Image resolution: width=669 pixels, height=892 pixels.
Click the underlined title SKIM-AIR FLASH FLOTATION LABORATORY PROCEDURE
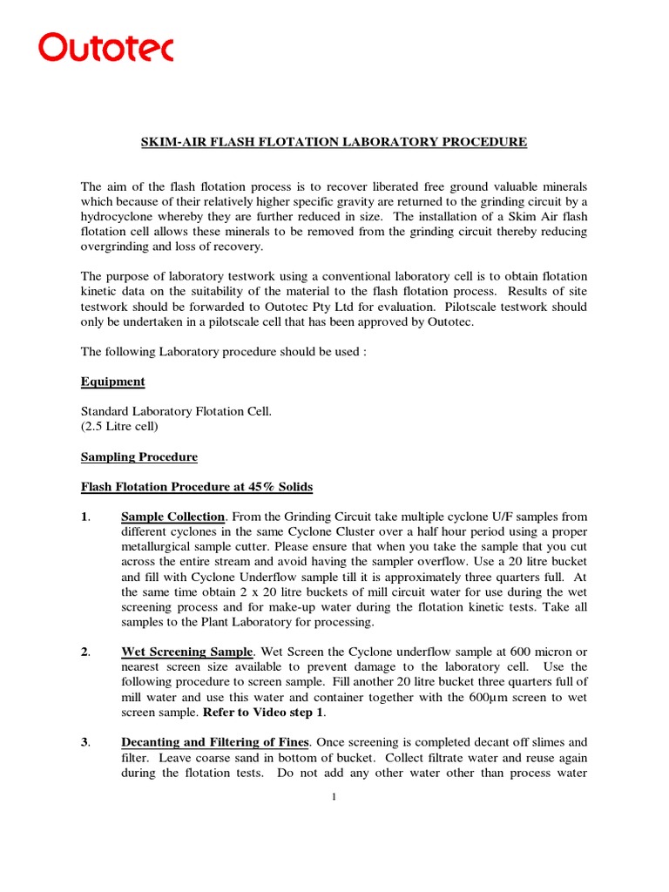[334, 142]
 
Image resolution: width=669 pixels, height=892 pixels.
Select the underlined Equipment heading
[113, 382]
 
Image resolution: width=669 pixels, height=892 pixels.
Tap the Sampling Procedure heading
[139, 456]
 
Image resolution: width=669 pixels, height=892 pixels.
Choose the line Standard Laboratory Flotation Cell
[176, 411]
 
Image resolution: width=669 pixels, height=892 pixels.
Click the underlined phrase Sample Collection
[173, 516]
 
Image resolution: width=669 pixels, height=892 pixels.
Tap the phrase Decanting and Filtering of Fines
[214, 742]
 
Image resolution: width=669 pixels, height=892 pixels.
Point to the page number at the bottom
[334, 802]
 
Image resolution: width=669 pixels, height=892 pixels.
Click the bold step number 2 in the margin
[84, 652]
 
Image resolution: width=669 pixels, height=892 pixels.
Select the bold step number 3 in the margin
[84, 742]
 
